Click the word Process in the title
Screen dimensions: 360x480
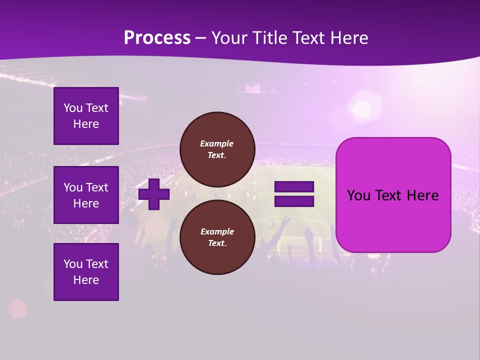click(x=157, y=38)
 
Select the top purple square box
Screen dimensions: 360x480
click(x=86, y=116)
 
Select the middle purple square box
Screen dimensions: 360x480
click(x=86, y=195)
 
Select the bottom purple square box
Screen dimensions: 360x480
click(x=86, y=272)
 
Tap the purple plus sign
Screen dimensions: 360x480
click(x=154, y=194)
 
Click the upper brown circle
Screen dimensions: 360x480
click(x=217, y=149)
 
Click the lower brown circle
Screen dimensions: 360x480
click(x=217, y=237)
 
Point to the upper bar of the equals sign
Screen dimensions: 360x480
click(x=294, y=187)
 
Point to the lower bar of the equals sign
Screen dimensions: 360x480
click(x=294, y=201)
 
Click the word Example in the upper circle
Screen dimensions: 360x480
click(x=217, y=143)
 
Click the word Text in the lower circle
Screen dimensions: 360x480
click(x=216, y=243)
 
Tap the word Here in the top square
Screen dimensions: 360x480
click(x=86, y=124)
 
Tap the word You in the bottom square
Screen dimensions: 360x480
click(x=72, y=264)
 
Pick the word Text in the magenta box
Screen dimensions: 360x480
click(x=392, y=195)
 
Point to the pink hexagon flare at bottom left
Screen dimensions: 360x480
click(x=17, y=308)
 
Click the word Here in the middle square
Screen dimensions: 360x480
click(x=86, y=203)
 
